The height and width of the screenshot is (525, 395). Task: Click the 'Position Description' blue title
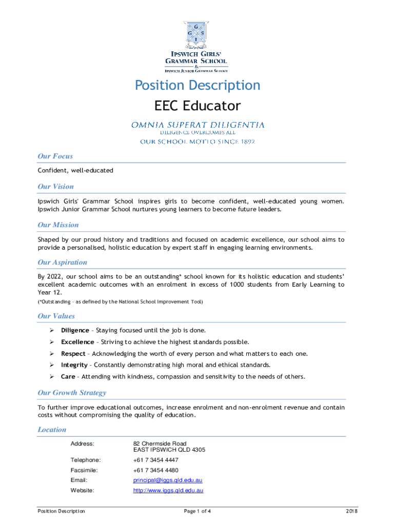[197, 85]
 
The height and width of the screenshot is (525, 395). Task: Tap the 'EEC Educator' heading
[197, 106]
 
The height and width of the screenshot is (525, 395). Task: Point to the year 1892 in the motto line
[245, 142]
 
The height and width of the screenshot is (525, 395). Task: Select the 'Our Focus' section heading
[55, 156]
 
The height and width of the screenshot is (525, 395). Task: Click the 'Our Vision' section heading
[55, 187]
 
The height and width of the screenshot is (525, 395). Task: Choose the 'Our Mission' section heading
[58, 225]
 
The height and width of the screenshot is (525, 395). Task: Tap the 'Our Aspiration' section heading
[63, 262]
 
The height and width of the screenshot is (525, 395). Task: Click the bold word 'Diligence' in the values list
[75, 330]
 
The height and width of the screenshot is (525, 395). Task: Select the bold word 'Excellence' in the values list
[77, 342]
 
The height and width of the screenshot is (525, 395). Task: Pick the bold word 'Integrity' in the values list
[74, 365]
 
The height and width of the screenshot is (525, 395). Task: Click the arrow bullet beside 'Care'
[52, 377]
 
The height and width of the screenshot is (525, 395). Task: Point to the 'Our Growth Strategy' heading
[72, 393]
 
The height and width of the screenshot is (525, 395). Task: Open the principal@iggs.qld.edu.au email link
[168, 480]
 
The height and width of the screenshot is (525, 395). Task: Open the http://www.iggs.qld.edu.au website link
[168, 491]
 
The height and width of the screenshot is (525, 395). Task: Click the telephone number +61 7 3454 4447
[156, 460]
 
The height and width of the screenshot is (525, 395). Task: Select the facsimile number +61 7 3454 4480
[156, 470]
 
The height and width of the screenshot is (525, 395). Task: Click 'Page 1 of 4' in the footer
[197, 511]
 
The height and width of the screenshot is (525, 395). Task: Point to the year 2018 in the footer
[351, 511]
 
